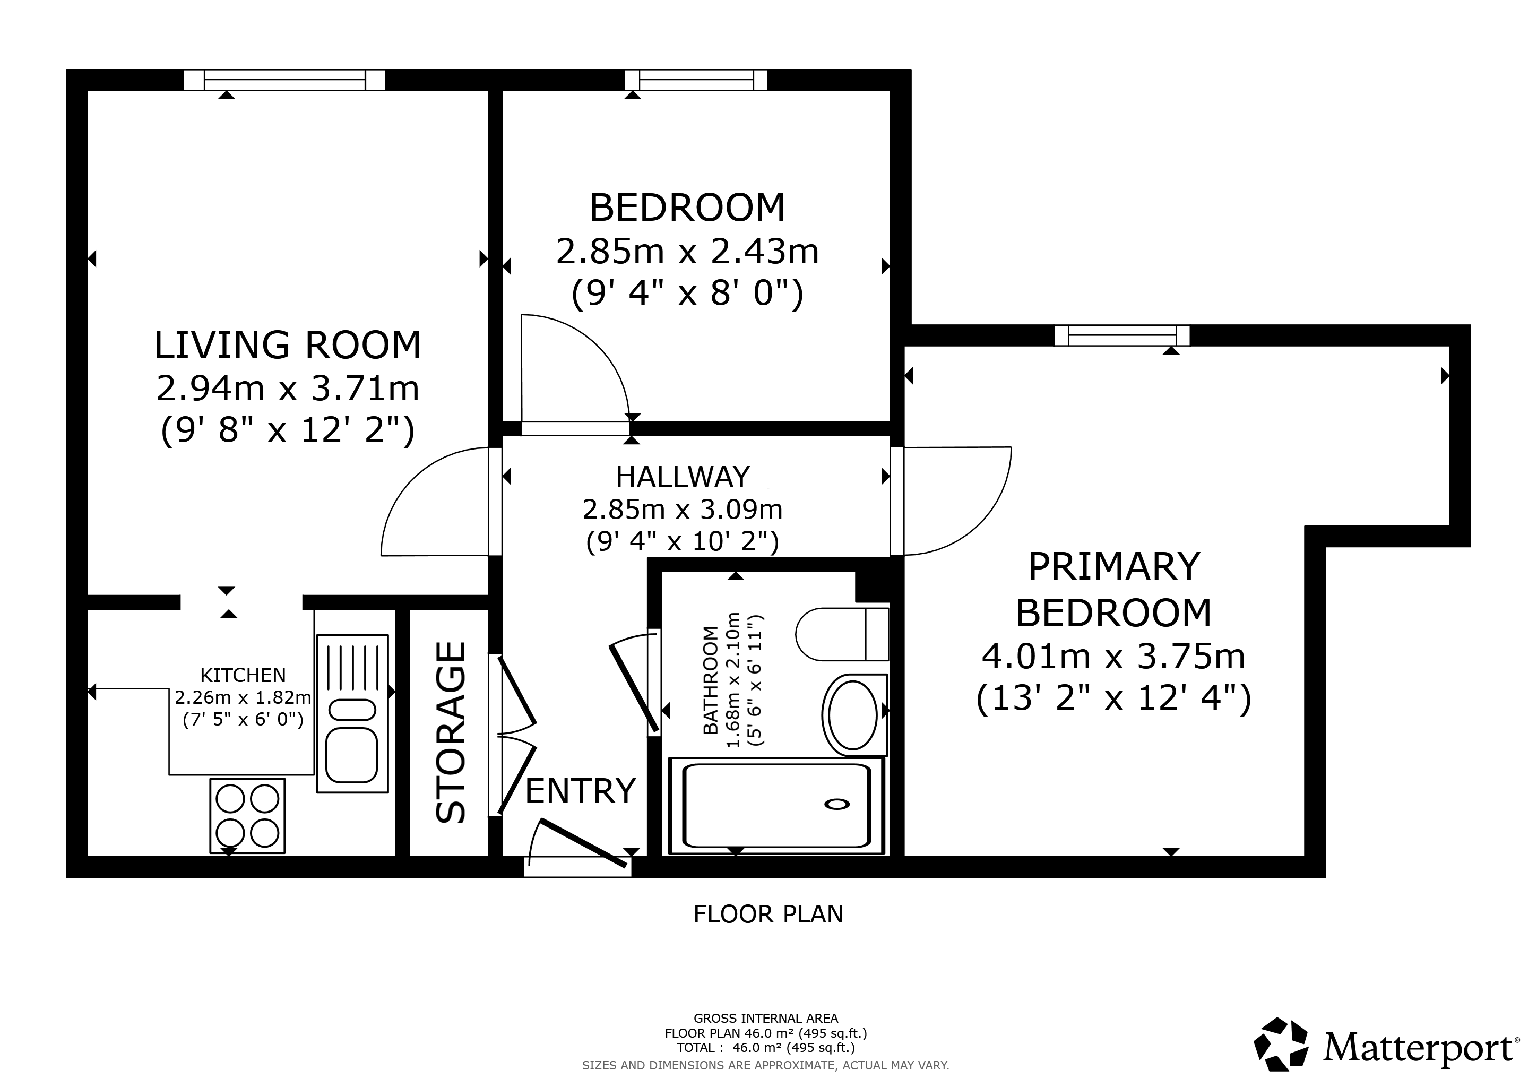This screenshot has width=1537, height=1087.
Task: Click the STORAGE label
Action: (451, 732)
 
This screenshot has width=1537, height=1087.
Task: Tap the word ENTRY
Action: (581, 791)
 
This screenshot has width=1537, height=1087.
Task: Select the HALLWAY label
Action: (683, 477)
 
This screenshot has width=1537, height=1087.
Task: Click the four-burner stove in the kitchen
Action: (248, 815)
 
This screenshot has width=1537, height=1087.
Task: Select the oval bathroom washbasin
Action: (853, 715)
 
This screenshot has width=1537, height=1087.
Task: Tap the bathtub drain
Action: (837, 804)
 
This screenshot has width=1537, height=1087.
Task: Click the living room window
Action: (284, 80)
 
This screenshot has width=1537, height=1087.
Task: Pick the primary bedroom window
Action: (1122, 335)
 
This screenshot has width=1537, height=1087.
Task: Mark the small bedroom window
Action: (696, 80)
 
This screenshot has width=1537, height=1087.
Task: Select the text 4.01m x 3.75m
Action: (1113, 657)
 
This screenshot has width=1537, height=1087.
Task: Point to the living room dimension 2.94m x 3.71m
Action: (288, 388)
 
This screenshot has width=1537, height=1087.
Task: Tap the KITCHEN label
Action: (243, 675)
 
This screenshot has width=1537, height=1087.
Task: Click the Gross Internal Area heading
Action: (766, 1019)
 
